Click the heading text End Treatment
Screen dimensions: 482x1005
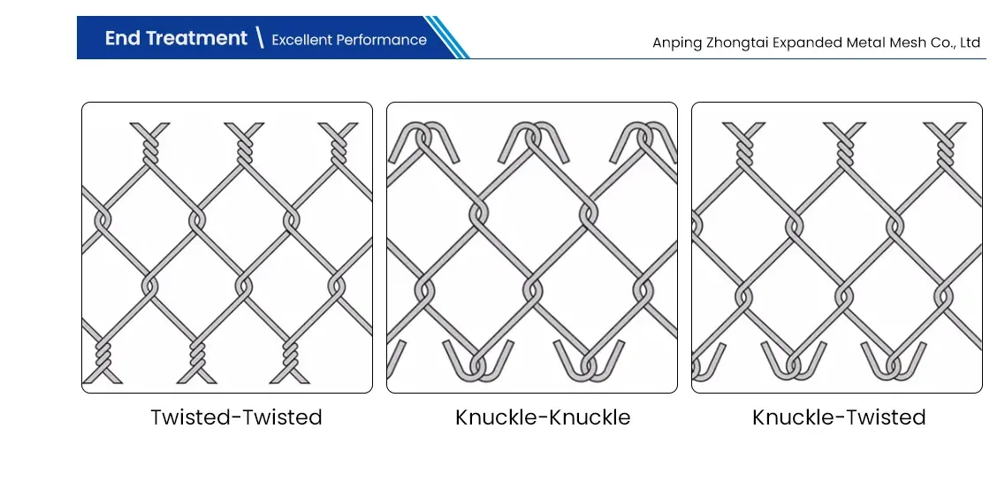pos(176,38)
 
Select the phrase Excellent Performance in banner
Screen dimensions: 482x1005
pos(349,40)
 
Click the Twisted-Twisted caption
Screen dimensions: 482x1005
pos(236,417)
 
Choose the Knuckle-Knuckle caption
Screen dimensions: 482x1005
pos(543,417)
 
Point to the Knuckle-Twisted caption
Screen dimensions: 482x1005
pos(839,417)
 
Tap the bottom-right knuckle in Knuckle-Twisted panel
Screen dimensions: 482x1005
pos(894,363)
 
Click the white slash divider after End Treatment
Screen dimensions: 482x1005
pos(259,38)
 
